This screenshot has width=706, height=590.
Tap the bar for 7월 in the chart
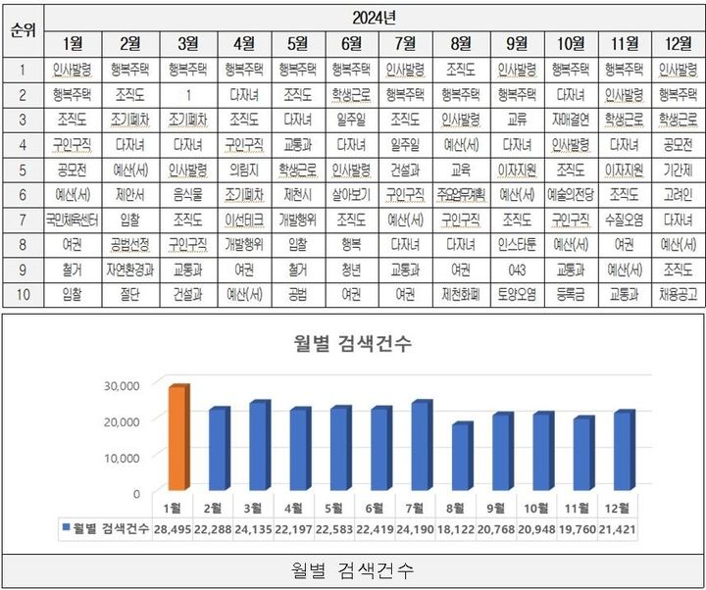coord(421,446)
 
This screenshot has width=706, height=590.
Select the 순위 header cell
coord(22,29)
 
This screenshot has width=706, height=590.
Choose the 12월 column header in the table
coord(678,43)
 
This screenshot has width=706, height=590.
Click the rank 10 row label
coord(22,292)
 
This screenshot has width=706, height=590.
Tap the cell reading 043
coord(517,268)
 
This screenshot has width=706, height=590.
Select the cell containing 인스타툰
coord(517,243)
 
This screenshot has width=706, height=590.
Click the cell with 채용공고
coord(678,292)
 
